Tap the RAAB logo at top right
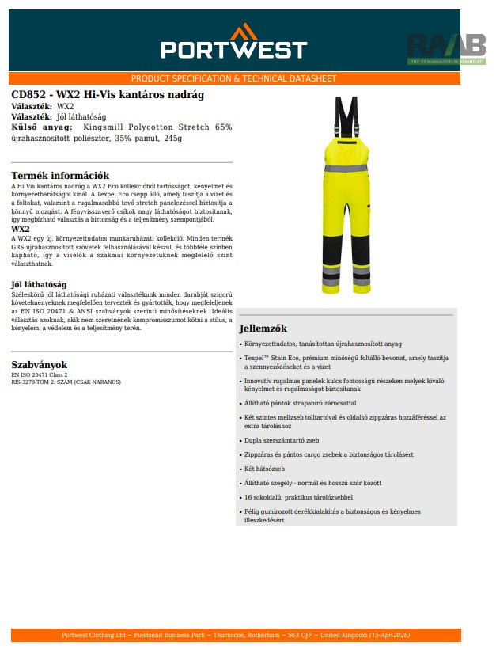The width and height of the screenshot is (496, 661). click(446, 47)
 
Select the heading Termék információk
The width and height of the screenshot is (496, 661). click(60, 176)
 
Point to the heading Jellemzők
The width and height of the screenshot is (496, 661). click(263, 329)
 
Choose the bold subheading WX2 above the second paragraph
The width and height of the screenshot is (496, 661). click(21, 229)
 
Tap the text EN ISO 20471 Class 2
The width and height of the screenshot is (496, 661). click(40, 374)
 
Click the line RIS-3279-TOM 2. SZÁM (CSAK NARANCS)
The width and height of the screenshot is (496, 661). click(66, 382)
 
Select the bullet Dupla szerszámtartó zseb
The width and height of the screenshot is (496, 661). click(282, 440)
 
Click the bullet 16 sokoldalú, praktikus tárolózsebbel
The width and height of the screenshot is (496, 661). click(298, 497)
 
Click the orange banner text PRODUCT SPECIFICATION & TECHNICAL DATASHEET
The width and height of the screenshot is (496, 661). click(233, 78)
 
